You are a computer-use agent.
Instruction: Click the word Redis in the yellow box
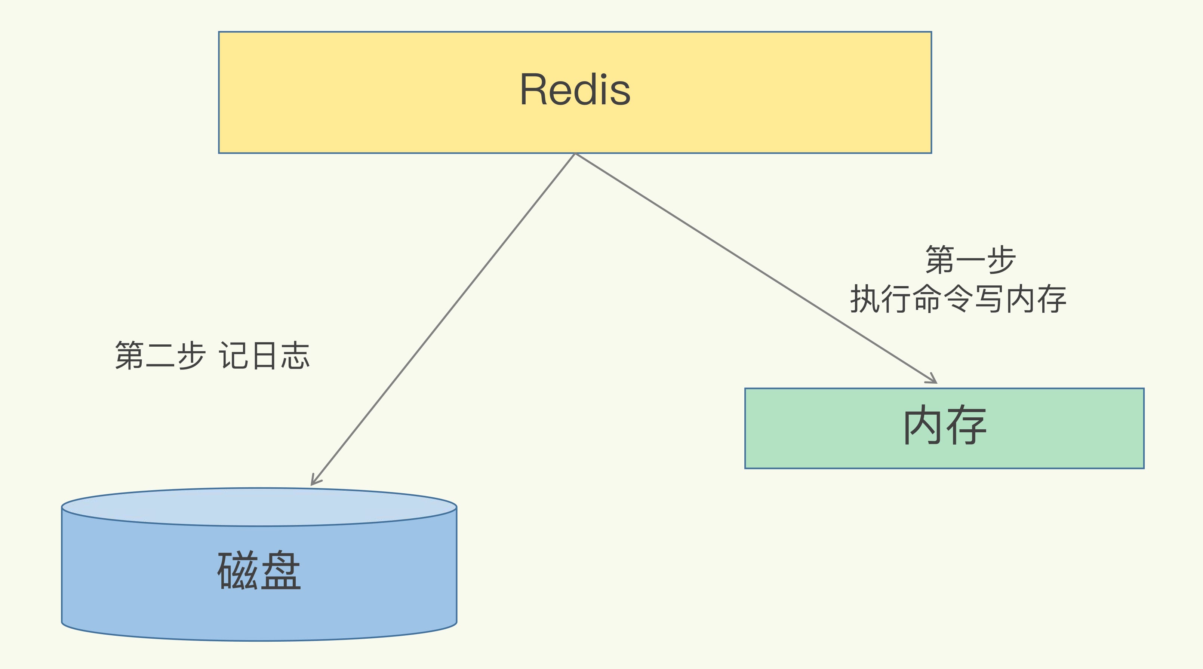[x=575, y=90]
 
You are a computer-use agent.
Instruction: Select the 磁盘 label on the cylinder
[x=259, y=570]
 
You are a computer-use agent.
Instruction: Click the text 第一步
[x=970, y=260]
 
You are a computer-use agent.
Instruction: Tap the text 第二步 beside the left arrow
[x=160, y=356]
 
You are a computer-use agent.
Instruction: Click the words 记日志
[x=264, y=356]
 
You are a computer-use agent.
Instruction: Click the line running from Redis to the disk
[x=444, y=318]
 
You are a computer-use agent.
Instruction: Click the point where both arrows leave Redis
[x=575, y=154]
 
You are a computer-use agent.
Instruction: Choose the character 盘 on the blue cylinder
[x=281, y=570]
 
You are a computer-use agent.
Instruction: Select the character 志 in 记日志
[x=295, y=356]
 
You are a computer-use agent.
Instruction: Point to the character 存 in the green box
[x=966, y=426]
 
